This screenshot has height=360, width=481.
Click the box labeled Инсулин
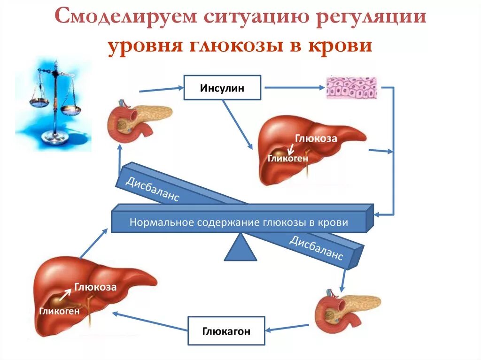(x=222, y=88)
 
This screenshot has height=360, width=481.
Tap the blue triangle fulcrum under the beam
(x=240, y=248)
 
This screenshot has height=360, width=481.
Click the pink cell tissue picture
(x=352, y=88)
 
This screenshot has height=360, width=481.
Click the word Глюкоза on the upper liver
(x=316, y=138)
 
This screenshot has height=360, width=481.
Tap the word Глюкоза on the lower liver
(x=95, y=287)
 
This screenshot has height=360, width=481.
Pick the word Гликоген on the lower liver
(x=60, y=310)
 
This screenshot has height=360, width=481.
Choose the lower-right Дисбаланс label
(x=316, y=249)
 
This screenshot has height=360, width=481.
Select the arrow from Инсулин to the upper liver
(x=238, y=125)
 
